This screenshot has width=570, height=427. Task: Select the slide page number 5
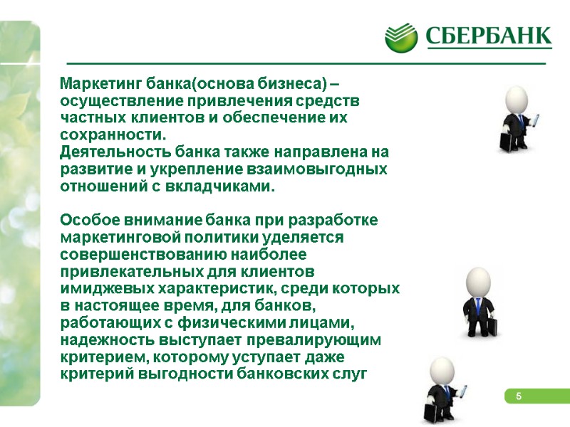point(519,396)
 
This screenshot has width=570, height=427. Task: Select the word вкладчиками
point(227,186)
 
